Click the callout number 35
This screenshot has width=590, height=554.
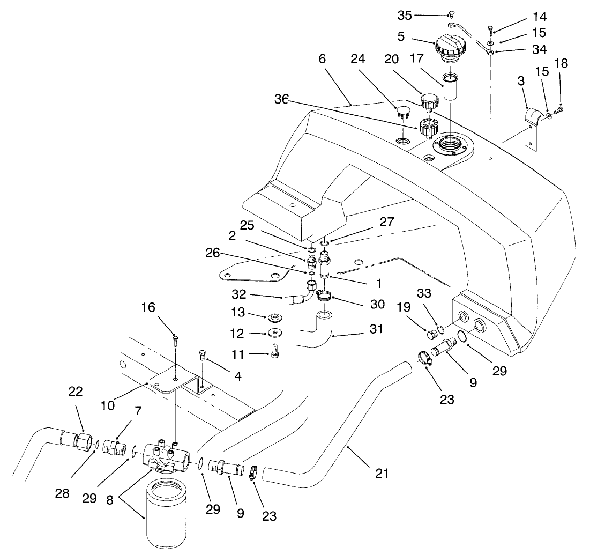405,16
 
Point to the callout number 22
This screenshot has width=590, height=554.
76,392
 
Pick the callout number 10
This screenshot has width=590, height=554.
108,405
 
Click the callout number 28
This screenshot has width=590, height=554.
62,493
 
